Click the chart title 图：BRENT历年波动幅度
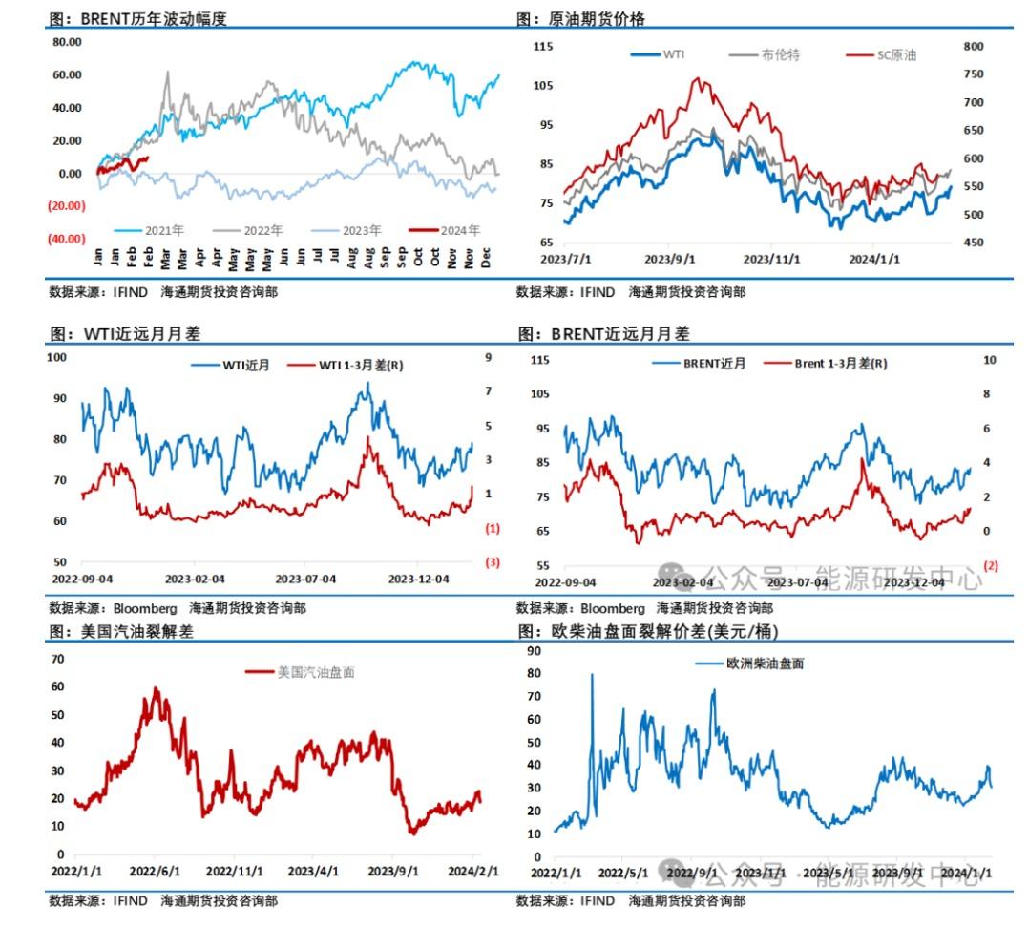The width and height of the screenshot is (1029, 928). (x=139, y=19)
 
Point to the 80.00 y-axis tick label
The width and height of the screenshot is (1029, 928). (x=68, y=42)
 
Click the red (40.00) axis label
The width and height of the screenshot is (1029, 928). (x=67, y=239)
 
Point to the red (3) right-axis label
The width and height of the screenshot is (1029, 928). (x=493, y=562)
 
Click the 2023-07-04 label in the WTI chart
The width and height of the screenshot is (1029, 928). (x=305, y=580)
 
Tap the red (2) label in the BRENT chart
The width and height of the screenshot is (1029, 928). (x=990, y=566)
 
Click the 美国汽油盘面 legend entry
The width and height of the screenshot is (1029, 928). (x=315, y=672)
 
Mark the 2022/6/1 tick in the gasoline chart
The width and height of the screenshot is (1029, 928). (x=156, y=872)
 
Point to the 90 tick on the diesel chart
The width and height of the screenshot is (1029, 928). (x=535, y=650)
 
